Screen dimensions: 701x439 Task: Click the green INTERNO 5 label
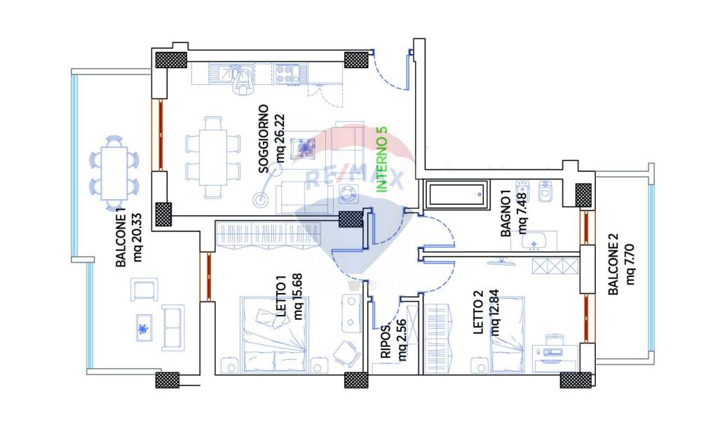click(381, 160)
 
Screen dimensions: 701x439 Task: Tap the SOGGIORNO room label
click(264, 139)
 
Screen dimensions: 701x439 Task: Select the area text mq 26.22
click(280, 138)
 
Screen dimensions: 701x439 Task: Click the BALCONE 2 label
click(613, 264)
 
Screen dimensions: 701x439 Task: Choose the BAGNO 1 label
click(505, 214)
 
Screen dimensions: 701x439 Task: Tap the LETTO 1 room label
click(281, 297)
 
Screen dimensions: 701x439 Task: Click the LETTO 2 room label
click(478, 312)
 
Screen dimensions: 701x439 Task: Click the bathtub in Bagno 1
click(454, 194)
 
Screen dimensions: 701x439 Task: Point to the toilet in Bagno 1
click(545, 191)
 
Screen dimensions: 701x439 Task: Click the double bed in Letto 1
click(273, 334)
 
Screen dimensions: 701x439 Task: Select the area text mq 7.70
click(630, 264)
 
